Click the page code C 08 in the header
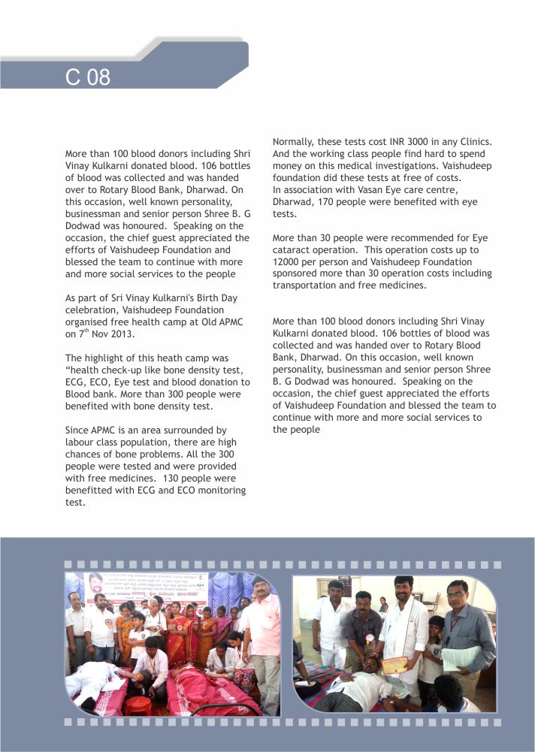point(88,77)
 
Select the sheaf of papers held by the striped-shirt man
point(460,657)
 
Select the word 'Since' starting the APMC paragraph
point(78,430)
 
